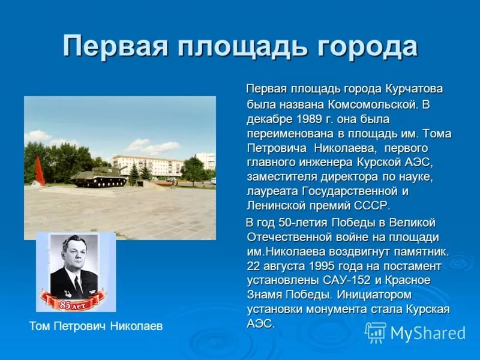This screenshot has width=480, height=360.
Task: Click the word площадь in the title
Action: pyautogui.click(x=242, y=47)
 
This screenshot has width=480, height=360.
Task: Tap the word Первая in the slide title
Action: pyautogui.click(x=115, y=46)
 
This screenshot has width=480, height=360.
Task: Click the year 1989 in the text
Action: pyautogui.click(x=309, y=119)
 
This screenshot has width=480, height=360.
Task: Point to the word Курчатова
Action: pyautogui.click(x=414, y=89)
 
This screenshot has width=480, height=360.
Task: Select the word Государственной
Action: pyautogui.click(x=350, y=191)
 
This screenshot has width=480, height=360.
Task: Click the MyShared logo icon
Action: pyautogui.click(x=376, y=332)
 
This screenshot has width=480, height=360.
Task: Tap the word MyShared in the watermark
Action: pyautogui.click(x=428, y=333)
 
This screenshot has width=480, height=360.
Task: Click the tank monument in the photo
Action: pyautogui.click(x=98, y=176)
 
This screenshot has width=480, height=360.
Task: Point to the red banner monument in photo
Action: pyautogui.click(x=39, y=172)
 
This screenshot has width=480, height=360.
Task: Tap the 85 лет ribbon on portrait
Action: pyautogui.click(x=73, y=302)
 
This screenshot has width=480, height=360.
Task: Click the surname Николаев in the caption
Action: pyautogui.click(x=136, y=326)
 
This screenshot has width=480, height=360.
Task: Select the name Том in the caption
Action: pyautogui.click(x=40, y=326)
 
